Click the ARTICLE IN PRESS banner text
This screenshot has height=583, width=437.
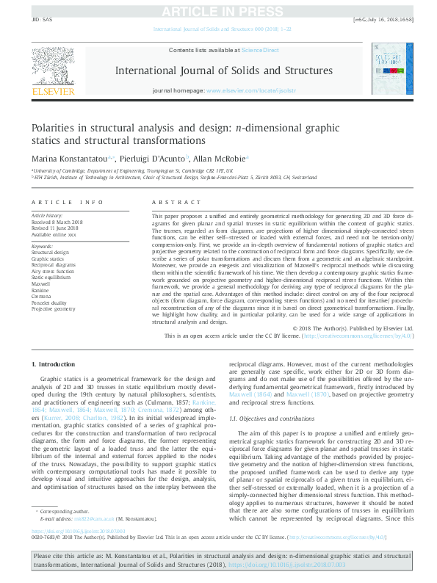[x=218, y=10]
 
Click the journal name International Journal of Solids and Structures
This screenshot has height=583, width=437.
[x=219, y=70]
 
